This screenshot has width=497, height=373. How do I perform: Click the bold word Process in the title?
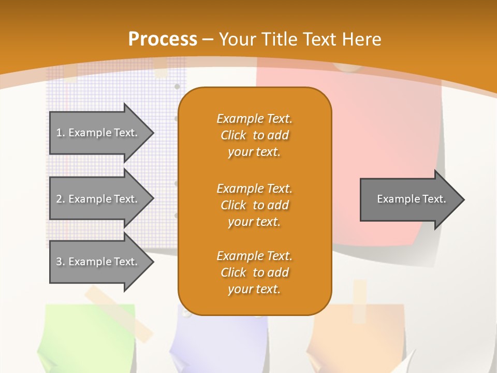[x=163, y=39]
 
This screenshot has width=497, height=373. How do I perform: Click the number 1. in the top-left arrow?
[x=60, y=133]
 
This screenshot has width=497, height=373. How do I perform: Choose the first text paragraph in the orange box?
[x=254, y=135]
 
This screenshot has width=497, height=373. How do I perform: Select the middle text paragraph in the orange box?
[x=254, y=205]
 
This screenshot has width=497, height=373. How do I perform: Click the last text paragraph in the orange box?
[x=254, y=272]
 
